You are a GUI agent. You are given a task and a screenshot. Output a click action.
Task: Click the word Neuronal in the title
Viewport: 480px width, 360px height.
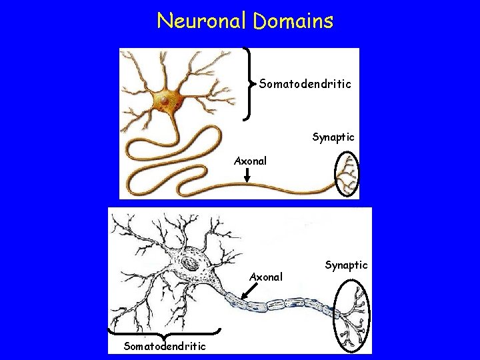point(201,21)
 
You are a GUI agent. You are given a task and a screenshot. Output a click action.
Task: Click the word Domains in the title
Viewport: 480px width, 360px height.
point(293,21)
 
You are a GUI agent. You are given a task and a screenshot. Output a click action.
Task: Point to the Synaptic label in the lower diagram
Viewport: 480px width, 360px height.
point(346,265)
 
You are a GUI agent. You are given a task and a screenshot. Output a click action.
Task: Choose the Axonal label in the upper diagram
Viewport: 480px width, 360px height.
point(250,161)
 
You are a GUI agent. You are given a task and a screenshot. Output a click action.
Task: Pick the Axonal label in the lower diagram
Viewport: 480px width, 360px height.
point(266,276)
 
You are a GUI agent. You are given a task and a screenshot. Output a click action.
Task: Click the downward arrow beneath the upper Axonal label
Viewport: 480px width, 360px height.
point(247,175)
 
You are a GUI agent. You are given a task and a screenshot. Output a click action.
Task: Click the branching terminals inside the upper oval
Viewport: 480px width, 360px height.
point(347,175)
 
